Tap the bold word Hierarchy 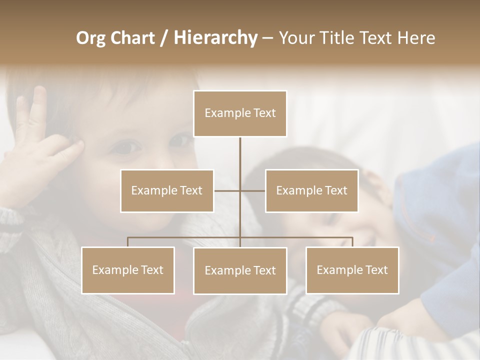pos(215,38)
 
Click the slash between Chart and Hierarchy pos(164,38)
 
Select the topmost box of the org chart pos(240,113)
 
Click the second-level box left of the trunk pos(167,190)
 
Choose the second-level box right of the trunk pos(311,190)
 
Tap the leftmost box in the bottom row pos(128,270)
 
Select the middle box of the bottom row pos(240,270)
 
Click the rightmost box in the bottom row pos(352,270)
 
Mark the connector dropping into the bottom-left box pos(128,242)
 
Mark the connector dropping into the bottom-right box pos(352,242)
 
